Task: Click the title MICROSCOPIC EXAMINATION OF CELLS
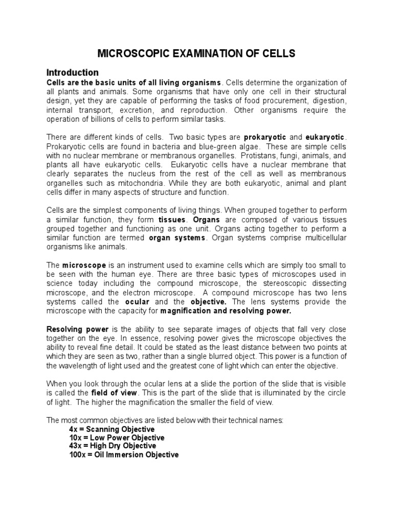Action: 196,54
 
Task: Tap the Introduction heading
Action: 72,72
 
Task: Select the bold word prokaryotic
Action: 266,138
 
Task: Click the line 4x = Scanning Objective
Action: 111,429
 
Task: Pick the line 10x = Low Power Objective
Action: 117,438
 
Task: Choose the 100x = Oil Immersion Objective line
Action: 124,455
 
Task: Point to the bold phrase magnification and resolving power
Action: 226,311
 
